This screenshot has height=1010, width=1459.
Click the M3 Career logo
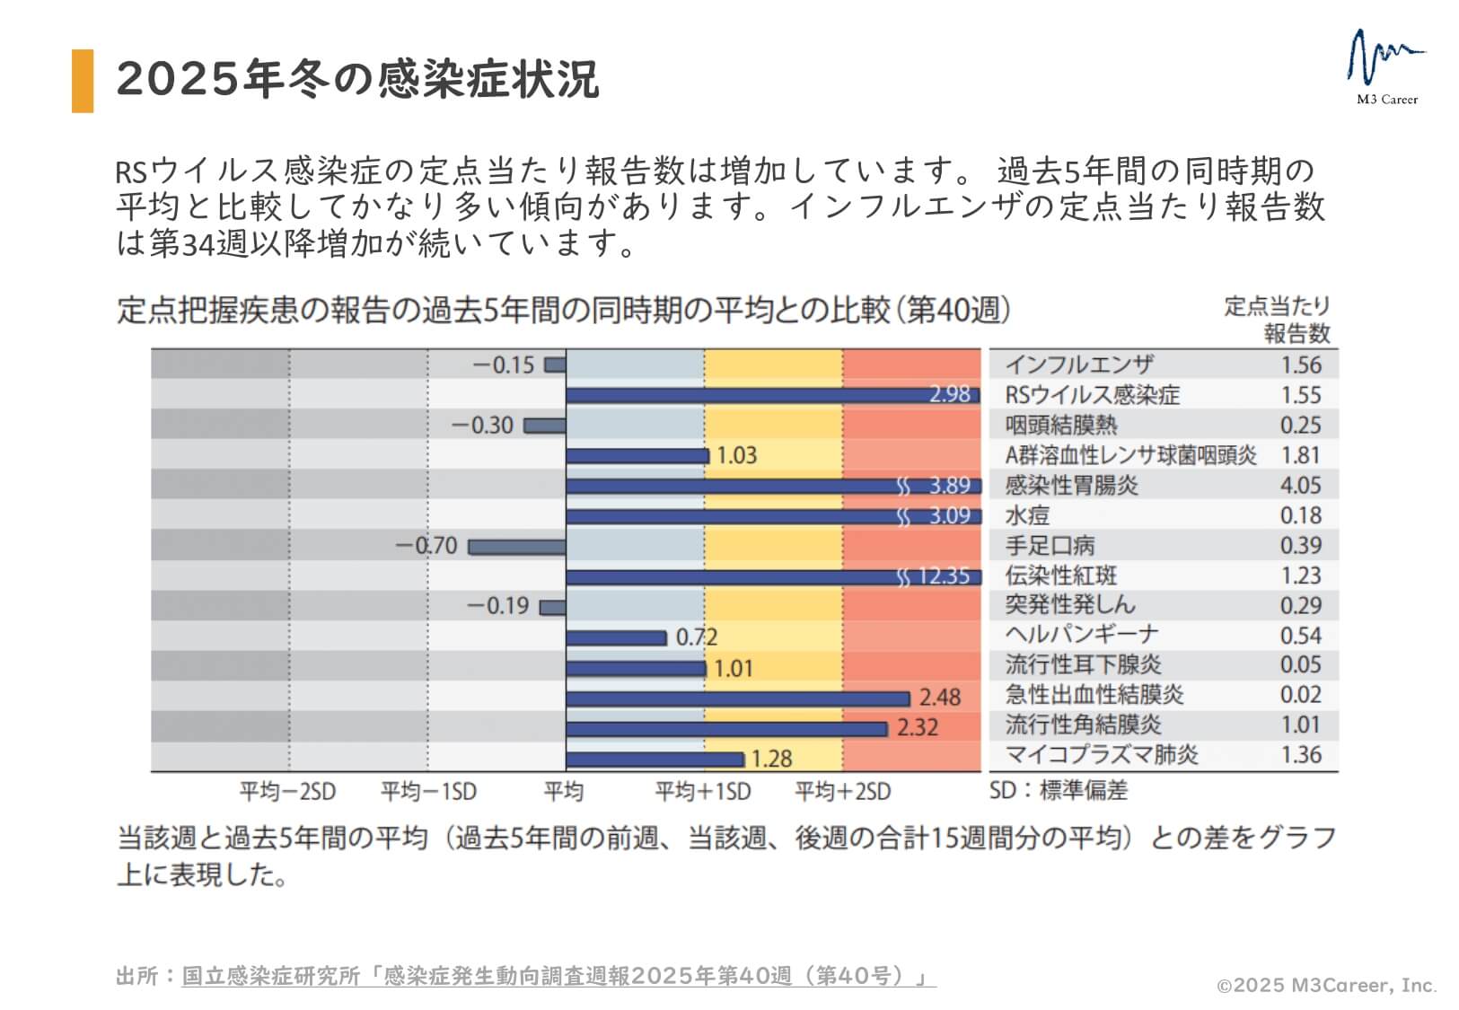tap(1386, 68)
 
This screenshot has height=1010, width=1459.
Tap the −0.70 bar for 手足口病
tap(517, 547)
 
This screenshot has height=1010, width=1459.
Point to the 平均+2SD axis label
tap(842, 792)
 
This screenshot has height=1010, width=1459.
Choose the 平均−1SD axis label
tap(428, 792)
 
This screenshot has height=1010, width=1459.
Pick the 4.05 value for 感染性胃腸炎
tap(1300, 486)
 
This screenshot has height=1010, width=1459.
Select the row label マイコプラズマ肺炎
tap(1101, 755)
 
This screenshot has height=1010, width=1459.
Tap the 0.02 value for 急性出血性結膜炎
tap(1300, 695)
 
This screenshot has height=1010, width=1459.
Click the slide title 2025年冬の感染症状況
tap(357, 79)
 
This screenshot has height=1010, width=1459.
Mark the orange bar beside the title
tap(83, 81)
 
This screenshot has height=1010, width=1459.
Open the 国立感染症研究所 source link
tap(558, 976)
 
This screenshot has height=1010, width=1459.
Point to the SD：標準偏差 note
tap(1058, 791)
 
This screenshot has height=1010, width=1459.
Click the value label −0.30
tap(482, 425)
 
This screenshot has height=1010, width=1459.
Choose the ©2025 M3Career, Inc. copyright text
tap(1326, 986)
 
